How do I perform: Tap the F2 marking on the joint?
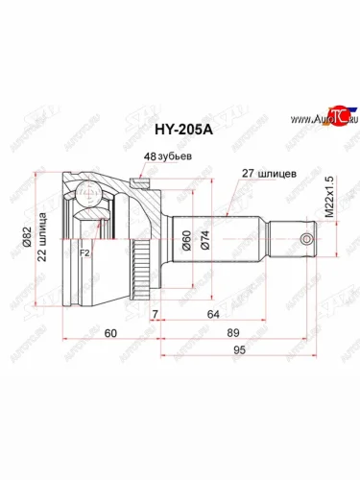pos(84,254)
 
